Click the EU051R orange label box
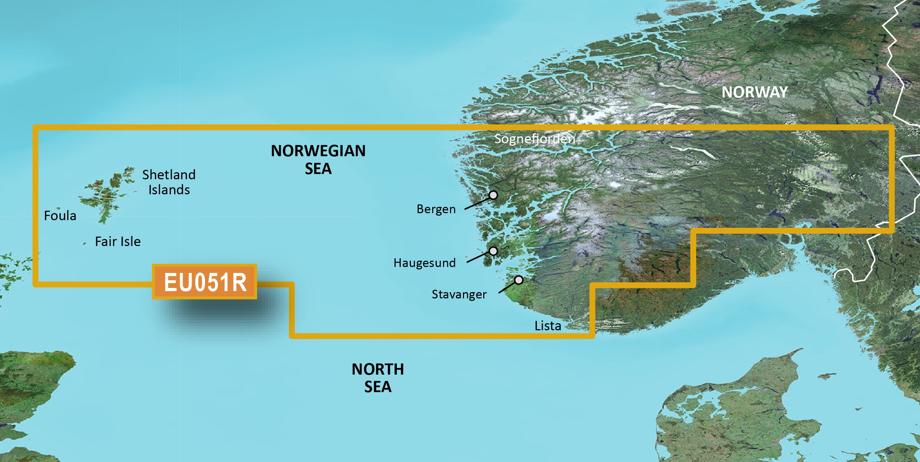[x=205, y=282]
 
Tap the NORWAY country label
[x=754, y=92]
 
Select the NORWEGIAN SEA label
[x=318, y=159]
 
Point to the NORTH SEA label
[x=378, y=378]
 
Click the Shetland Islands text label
[x=169, y=182]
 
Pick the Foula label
[x=60, y=216]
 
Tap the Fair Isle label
[x=117, y=242]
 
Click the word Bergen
[x=436, y=209]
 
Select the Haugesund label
[x=424, y=263]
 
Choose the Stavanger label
[x=459, y=295]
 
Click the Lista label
[x=548, y=326]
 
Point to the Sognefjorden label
[x=534, y=139]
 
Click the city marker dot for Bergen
[x=493, y=195]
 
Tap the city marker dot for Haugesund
[x=493, y=251]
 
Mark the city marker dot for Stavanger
[x=519, y=280]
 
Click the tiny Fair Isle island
[x=84, y=244]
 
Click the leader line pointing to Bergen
[x=477, y=203]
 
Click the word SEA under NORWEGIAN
[x=318, y=169]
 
